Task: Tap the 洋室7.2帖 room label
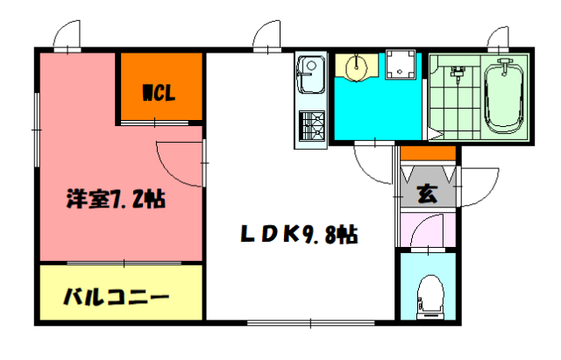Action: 117,199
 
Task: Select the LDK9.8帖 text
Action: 299,235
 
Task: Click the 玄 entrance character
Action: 427,192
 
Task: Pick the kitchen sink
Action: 309,75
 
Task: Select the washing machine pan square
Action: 401,64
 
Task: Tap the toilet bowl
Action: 430,297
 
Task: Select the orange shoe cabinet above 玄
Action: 428,154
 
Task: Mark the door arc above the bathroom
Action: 497,39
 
